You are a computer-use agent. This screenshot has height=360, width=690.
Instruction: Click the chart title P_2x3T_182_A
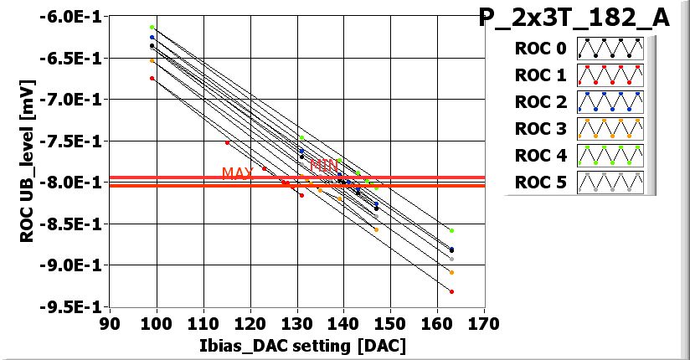pyautogui.click(x=574, y=18)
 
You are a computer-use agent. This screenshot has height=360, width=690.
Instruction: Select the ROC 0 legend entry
pyautogui.click(x=541, y=49)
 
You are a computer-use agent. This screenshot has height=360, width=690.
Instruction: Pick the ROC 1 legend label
pyautogui.click(x=541, y=75)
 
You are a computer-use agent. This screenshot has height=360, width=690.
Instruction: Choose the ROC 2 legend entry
pyautogui.click(x=541, y=102)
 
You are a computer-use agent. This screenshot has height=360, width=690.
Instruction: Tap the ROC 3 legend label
pyautogui.click(x=541, y=129)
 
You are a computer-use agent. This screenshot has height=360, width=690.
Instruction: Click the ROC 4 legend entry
pyautogui.click(x=541, y=156)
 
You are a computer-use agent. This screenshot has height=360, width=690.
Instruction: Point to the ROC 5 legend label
pyautogui.click(x=541, y=183)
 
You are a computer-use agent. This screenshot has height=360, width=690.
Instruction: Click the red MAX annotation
pyautogui.click(x=237, y=173)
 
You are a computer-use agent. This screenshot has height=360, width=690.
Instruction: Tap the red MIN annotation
pyautogui.click(x=324, y=165)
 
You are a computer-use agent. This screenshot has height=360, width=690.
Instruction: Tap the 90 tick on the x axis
pyautogui.click(x=106, y=323)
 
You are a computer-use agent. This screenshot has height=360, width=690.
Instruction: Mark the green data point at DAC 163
pyautogui.click(x=451, y=230)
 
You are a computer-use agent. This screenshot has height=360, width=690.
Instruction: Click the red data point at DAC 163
pyautogui.click(x=451, y=291)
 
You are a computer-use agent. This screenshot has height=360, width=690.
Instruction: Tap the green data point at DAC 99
pyautogui.click(x=152, y=28)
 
